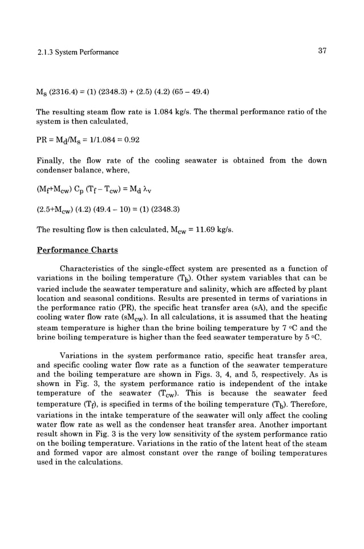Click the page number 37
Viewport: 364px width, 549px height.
tap(322, 51)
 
